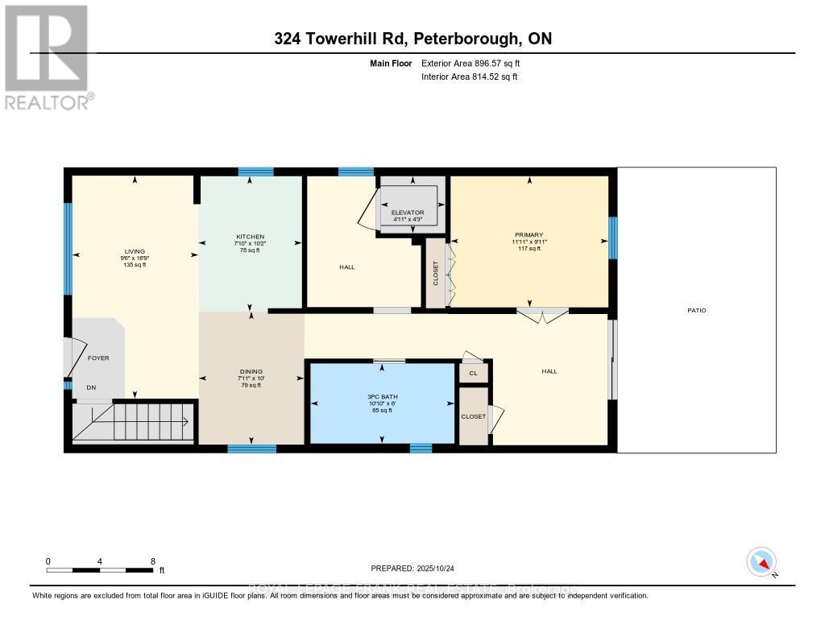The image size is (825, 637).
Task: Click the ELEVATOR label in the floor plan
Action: [x=408, y=213]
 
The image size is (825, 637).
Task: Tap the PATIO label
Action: [x=697, y=310]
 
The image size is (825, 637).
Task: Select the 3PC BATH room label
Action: [x=382, y=395]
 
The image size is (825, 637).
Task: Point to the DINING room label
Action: [x=251, y=371]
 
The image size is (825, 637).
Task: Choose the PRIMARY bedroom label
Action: [x=529, y=235]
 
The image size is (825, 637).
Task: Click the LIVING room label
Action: [x=135, y=250]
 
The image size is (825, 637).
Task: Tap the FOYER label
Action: [x=97, y=358]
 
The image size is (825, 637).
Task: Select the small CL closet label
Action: [x=473, y=374]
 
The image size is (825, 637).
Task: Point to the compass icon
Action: [x=761, y=561]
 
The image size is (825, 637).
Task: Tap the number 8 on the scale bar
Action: [x=152, y=561]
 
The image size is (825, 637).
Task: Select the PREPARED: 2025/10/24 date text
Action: [x=412, y=568]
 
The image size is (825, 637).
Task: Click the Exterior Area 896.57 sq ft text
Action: [x=475, y=63]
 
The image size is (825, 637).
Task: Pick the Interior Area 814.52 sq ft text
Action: [x=469, y=77]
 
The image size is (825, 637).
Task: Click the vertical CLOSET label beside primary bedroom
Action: [x=434, y=274]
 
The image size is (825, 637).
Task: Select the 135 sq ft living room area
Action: [x=135, y=265]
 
